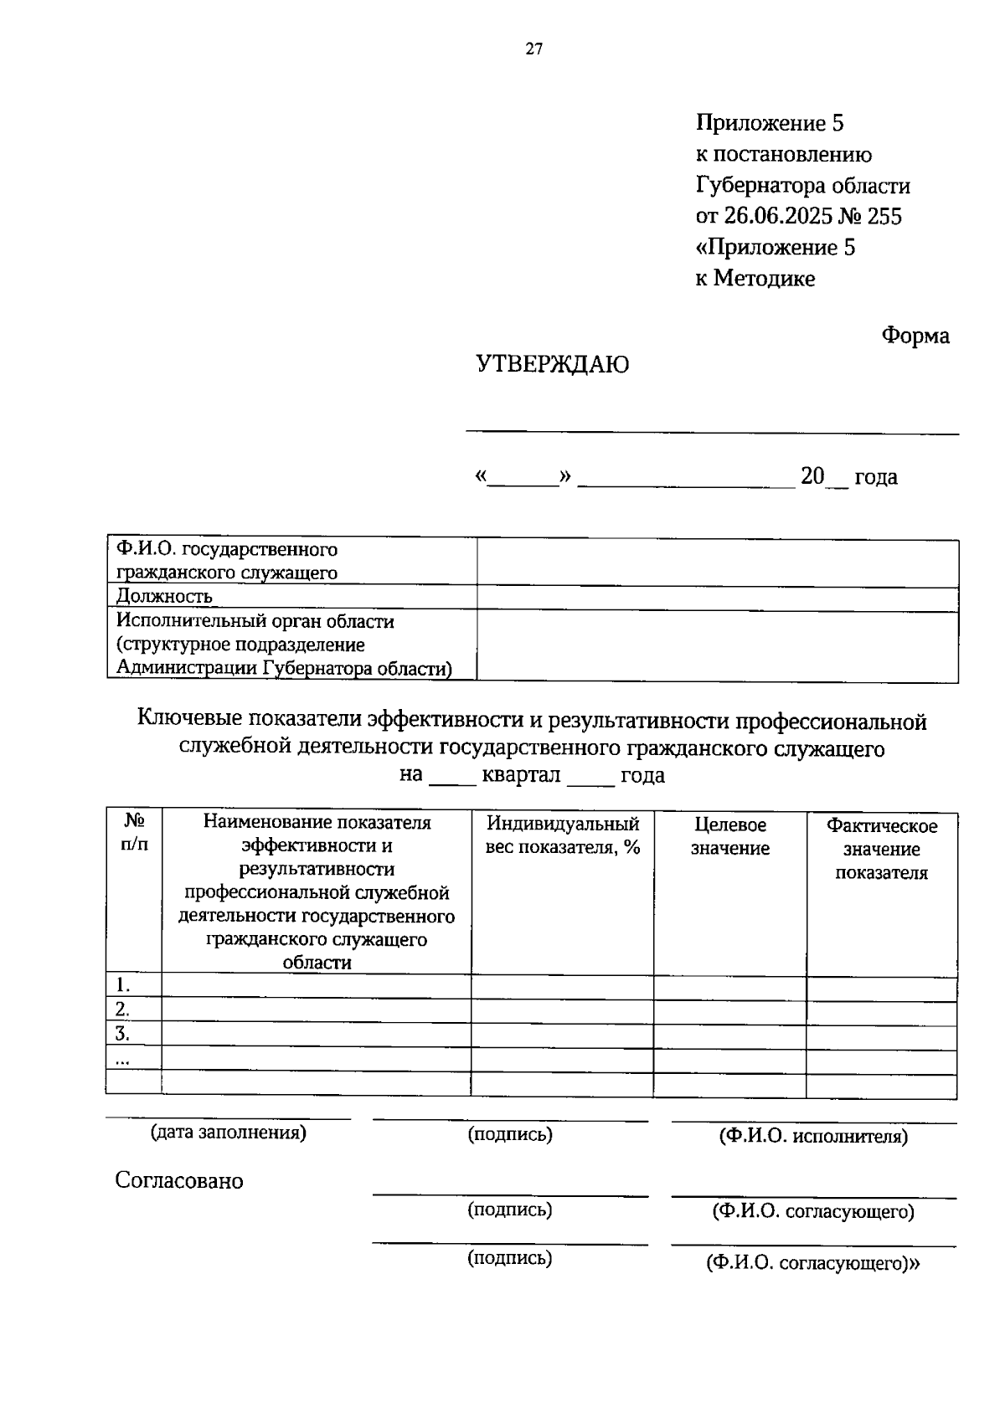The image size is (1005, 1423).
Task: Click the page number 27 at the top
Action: click(x=534, y=49)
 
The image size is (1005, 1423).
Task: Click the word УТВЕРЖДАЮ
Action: click(x=552, y=365)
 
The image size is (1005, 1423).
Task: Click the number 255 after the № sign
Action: click(x=884, y=217)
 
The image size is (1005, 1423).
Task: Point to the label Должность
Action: click(x=164, y=597)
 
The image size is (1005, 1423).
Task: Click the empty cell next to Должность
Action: click(x=717, y=598)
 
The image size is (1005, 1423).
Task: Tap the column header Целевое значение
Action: click(x=729, y=837)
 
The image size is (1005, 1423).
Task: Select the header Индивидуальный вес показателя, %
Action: click(x=563, y=835)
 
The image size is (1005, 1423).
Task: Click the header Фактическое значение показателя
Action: click(x=881, y=849)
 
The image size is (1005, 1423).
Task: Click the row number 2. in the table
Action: click(x=122, y=1009)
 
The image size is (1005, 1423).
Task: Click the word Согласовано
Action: click(x=179, y=1181)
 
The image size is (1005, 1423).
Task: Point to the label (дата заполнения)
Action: click(x=228, y=1133)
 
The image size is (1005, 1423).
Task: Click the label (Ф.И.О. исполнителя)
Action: click(x=813, y=1137)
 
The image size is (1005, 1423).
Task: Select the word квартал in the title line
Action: click(x=521, y=775)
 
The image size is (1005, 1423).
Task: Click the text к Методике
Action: click(x=755, y=279)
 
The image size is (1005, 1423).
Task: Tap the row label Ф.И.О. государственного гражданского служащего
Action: click(x=227, y=562)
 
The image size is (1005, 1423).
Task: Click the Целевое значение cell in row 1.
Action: click(x=729, y=986)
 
